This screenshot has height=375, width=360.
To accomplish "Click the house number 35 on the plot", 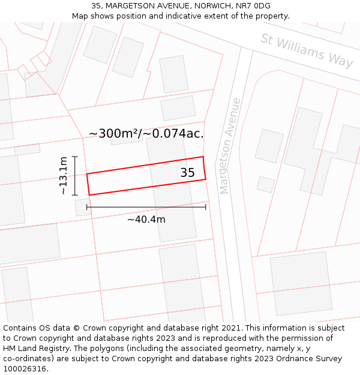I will (187, 173).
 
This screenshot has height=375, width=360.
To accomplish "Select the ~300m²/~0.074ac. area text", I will (146, 134).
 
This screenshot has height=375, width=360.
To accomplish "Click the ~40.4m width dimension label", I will (146, 220).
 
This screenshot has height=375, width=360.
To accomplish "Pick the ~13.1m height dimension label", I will (63, 175).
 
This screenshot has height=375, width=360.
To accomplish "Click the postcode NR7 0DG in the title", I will (254, 6).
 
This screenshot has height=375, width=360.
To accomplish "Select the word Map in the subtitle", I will (80, 16).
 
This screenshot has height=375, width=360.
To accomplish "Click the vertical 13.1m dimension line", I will (75, 175).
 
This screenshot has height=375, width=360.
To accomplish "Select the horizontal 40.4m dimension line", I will (146, 207).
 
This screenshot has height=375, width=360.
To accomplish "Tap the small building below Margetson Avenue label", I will (265, 184).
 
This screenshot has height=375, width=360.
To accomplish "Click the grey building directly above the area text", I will (178, 108).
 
